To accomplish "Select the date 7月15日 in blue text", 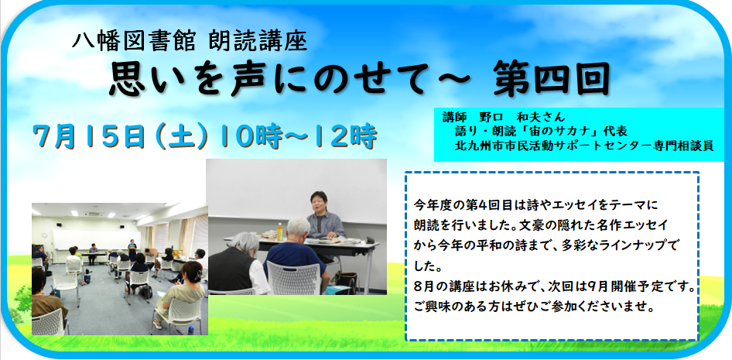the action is pos(87,136).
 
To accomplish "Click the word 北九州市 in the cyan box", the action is pos(476,146).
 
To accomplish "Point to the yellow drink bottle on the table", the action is pos(279,231).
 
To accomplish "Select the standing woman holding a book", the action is pos(132,251).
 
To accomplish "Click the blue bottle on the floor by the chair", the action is pos(190,330).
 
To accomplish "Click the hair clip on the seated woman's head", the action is pos(200,273).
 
